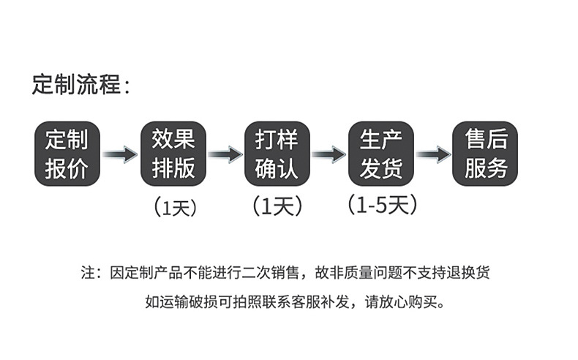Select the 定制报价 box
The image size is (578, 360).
point(67,154)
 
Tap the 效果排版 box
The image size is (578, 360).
point(173,154)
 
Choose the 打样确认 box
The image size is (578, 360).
point(277,154)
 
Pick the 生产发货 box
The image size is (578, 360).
point(381,154)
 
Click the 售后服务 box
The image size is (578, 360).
point(486,154)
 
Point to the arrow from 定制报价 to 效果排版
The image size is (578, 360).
point(119,154)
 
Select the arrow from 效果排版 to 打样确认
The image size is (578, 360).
point(225,154)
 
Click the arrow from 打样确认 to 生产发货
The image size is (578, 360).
point(329,154)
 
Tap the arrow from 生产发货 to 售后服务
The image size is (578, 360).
point(433,154)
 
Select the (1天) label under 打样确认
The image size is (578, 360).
point(277,207)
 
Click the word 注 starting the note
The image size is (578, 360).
point(87,273)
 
